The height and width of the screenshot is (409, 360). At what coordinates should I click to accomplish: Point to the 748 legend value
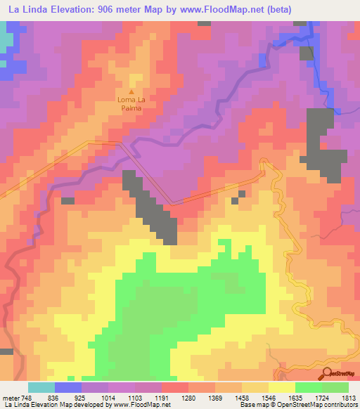pos(27,398)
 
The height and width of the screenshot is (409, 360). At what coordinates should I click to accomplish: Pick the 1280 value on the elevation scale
pos(188,398)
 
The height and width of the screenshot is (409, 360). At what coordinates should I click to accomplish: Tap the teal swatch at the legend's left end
pos(41,387)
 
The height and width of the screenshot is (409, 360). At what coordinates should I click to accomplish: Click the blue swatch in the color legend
pos(68,387)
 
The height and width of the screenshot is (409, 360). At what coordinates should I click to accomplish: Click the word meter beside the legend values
pos(9,398)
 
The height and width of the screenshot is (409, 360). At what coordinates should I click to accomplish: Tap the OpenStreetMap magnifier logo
pos(328,372)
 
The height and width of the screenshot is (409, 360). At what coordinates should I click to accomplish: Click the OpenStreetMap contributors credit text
pos(310,405)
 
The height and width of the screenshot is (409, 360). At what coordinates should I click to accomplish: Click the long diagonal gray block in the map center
pos(151,207)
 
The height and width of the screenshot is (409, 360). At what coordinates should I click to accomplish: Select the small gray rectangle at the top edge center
pos(204,23)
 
